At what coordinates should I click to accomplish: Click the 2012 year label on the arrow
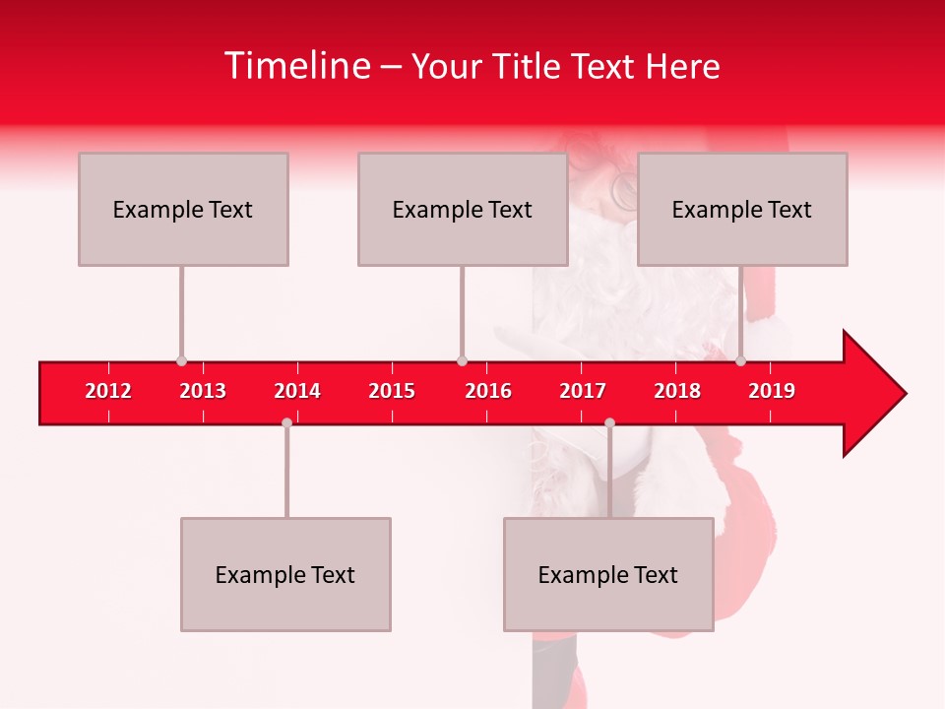[108, 391]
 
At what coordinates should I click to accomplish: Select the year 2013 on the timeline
[203, 391]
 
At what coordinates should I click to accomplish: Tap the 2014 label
[297, 391]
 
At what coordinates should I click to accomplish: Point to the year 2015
[392, 391]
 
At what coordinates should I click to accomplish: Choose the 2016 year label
[488, 391]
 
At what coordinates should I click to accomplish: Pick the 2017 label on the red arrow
[583, 391]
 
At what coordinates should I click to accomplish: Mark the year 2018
[677, 391]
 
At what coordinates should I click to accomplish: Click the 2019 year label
[772, 391]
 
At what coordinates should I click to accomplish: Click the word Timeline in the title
[295, 66]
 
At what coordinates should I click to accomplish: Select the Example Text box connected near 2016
[463, 209]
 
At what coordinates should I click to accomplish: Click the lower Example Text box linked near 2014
[285, 574]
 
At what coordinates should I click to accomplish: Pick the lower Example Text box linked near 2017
[608, 574]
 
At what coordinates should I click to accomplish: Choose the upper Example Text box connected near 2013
[183, 209]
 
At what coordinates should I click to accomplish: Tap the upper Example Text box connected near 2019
[742, 209]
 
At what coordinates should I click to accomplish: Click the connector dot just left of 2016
[462, 360]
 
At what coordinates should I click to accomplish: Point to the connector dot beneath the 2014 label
[286, 422]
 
